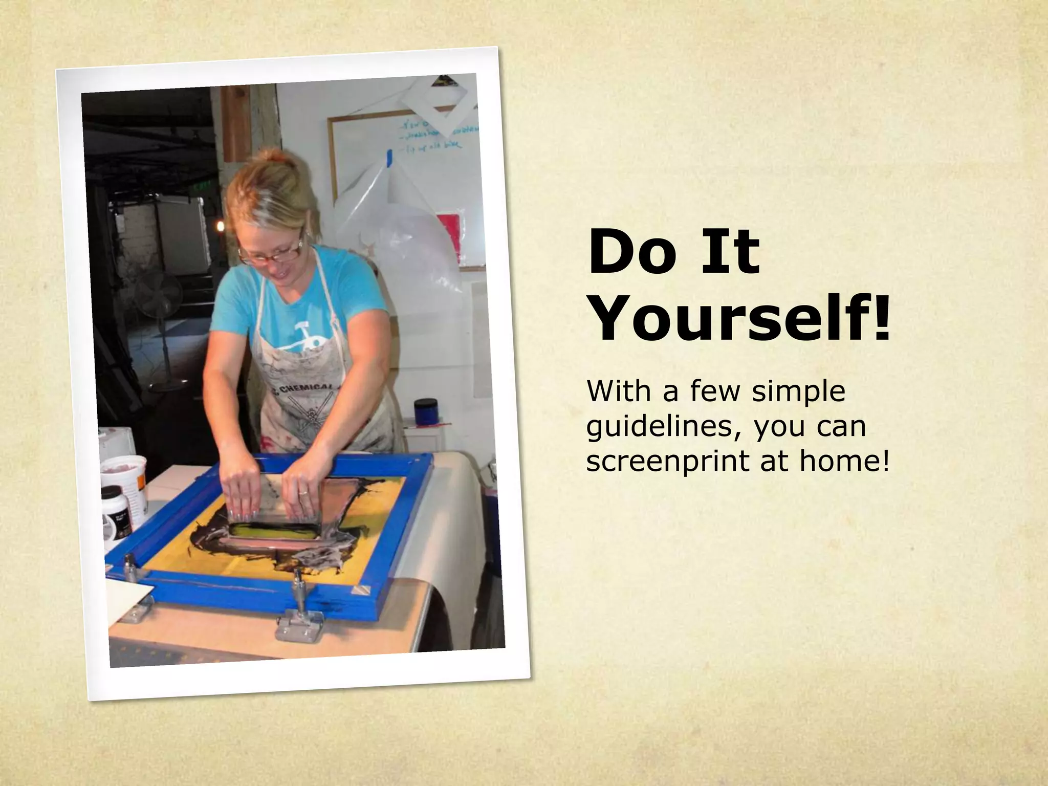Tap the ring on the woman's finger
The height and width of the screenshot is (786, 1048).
coord(303,492)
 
